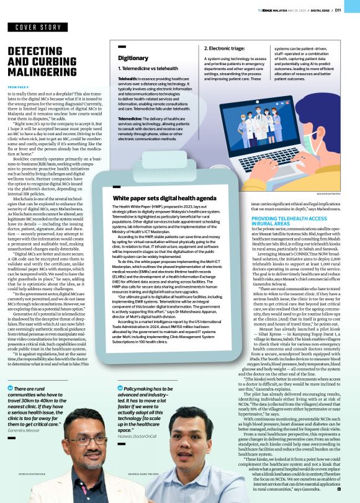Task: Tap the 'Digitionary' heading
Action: [133, 58]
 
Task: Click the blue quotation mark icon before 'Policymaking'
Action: [119, 388]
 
